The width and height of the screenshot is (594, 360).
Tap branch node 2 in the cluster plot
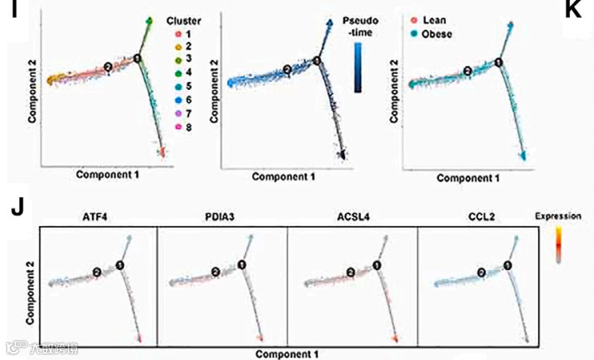108,67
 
